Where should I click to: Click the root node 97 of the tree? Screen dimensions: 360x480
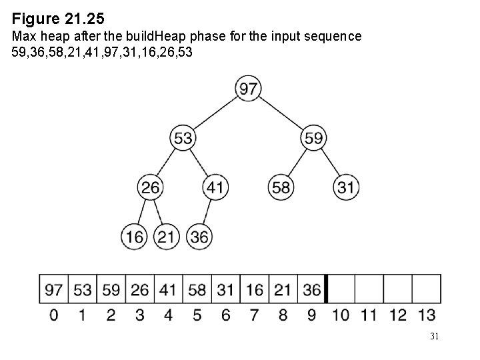249,89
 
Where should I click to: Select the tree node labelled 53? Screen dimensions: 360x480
183,138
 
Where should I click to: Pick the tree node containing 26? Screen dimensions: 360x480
151,187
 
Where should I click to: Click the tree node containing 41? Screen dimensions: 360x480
215,187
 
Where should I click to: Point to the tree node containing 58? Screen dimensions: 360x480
281,187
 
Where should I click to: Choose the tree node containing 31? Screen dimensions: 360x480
345,187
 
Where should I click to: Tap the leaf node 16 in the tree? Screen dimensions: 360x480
134,236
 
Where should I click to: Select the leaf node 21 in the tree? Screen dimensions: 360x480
167,236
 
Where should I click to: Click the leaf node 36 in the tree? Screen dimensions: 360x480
199,236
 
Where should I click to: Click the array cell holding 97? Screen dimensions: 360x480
54,290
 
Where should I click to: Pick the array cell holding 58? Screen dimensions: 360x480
197,290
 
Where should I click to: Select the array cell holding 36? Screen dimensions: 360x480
312,290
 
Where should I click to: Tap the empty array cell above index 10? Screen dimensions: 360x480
341,290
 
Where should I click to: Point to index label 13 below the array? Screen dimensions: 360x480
427,315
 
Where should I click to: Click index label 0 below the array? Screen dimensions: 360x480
54,315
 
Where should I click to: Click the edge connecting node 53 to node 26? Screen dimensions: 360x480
167,163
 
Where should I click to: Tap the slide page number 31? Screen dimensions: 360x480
434,337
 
